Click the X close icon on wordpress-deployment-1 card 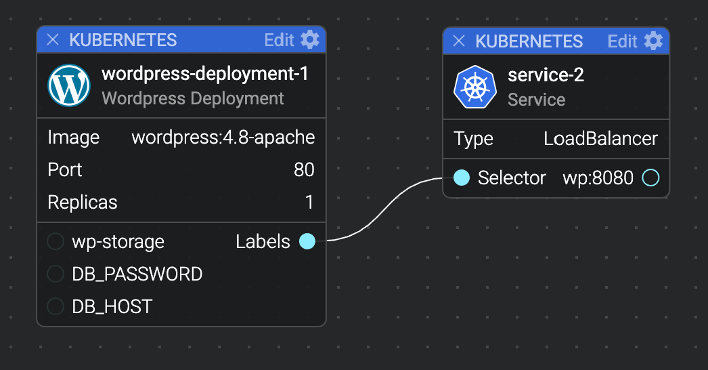click(53, 40)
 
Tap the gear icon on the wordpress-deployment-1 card click(310, 40)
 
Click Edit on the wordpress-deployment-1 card click(279, 40)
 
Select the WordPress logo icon click(69, 85)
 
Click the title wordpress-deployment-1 click(205, 73)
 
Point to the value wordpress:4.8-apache click(223, 137)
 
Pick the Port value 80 click(304, 169)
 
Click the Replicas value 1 click(309, 202)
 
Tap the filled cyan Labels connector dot click(307, 241)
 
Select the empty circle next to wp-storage click(56, 241)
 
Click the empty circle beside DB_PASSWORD click(56, 274)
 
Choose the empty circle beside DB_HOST click(56, 306)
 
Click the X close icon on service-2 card click(459, 41)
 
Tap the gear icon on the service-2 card click(653, 41)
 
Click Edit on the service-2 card click(622, 41)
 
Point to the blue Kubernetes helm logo click(475, 87)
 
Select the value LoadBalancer click(600, 138)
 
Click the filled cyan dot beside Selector click(462, 178)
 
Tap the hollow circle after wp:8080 click(650, 178)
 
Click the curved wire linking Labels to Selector click(384, 209)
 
